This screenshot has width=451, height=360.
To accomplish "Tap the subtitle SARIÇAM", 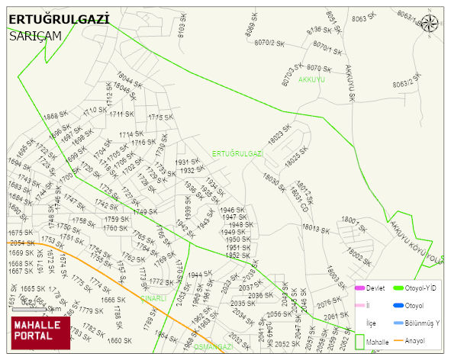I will coord(36,35).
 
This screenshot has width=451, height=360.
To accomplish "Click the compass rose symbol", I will coord(430,23).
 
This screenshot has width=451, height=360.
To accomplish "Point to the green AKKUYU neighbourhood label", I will coord(311,79).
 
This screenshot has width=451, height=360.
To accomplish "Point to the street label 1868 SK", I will coord(56,116).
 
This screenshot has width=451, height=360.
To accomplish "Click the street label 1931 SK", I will coord(187,162).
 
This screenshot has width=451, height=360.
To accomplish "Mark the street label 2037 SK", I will coord(251,288).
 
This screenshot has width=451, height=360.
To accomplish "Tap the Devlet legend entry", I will coord(369,288).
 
